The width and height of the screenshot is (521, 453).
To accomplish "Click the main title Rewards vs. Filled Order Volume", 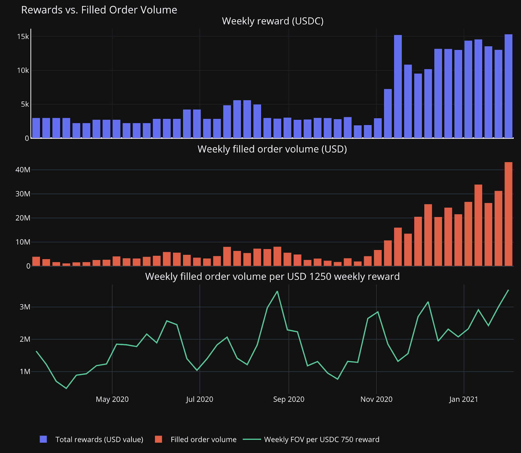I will (x=99, y=10).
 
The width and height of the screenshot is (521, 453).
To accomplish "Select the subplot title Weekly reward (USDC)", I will (x=273, y=21).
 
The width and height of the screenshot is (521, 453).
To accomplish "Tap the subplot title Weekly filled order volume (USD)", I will (x=272, y=149).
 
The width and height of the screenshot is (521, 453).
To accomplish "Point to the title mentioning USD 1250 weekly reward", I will (x=272, y=277).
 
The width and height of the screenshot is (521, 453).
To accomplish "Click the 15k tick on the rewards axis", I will (x=23, y=36).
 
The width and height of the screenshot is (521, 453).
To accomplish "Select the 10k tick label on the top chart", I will (x=23, y=70).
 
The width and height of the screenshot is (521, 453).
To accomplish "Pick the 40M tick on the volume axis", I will (x=23, y=170).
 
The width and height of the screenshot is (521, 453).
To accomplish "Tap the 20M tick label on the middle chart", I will (x=23, y=218).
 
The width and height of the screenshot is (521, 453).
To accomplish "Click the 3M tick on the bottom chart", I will (x=25, y=307).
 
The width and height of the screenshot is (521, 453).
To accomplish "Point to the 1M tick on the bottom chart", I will (x=25, y=372).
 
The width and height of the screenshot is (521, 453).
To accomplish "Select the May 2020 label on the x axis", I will (x=112, y=399).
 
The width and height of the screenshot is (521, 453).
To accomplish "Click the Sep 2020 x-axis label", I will (x=289, y=399).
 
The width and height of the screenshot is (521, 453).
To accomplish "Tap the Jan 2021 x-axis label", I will (x=463, y=399).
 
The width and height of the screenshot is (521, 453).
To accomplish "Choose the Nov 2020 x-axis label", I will (x=376, y=399).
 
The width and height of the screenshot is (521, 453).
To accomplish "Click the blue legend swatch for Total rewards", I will (x=43, y=439).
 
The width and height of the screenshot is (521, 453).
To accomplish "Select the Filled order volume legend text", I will (x=204, y=440).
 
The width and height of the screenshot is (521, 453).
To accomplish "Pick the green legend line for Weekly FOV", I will (x=252, y=439).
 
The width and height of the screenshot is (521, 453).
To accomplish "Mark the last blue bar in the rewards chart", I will (x=508, y=86).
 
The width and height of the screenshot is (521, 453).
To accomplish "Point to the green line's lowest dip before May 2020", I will (x=66, y=388).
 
